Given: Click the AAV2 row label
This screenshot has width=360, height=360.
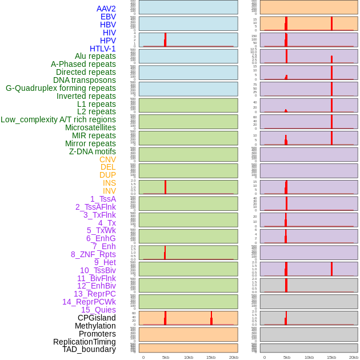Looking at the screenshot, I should [106, 9].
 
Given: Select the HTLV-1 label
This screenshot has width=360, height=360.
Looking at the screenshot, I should [102, 49].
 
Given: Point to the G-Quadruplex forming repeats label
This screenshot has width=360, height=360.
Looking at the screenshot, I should [61, 88].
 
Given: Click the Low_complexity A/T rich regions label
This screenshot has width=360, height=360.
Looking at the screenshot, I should [58, 119].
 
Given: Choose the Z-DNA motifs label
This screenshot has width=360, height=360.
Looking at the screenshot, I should [92, 151].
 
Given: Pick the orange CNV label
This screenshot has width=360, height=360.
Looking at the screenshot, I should [107, 159].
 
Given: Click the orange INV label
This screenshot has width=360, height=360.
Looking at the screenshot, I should [109, 191].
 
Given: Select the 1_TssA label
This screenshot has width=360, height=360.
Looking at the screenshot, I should [103, 199].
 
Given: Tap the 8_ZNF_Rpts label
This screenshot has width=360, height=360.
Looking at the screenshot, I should [93, 254].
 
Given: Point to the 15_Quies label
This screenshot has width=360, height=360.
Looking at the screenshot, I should [98, 310].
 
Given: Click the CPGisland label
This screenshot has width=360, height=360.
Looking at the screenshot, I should [97, 318].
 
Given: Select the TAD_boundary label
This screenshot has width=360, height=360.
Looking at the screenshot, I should [89, 349].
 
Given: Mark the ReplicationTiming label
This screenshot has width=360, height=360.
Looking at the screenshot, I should [84, 342].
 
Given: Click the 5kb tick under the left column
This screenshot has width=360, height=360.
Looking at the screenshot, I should [166, 357].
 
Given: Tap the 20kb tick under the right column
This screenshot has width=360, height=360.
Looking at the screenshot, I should [354, 357].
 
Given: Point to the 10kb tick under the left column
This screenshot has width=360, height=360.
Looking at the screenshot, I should [188, 357].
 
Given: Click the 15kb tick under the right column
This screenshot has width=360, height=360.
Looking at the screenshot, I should [331, 357].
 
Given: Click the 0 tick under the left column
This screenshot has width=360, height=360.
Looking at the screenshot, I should [143, 357].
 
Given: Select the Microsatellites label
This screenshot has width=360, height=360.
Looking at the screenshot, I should [90, 127].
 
